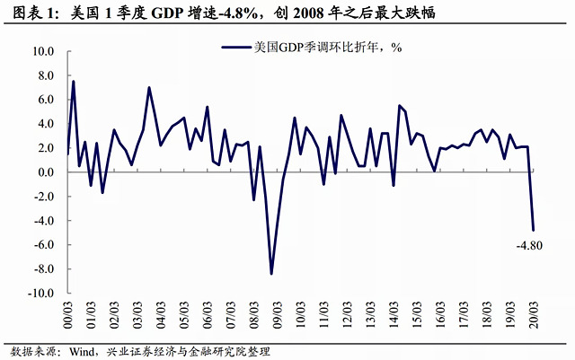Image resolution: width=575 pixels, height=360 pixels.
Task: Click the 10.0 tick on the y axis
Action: [44, 51]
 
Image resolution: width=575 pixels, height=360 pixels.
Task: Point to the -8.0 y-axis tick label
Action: [44, 268]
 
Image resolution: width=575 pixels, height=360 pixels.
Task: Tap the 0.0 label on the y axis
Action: [47, 171]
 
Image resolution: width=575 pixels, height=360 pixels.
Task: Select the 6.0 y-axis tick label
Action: [47, 100]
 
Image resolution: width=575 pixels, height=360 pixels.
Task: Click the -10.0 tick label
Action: [41, 293]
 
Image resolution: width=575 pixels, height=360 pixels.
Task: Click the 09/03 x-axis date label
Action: [279, 314]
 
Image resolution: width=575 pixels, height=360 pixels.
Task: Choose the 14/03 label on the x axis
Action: [394, 314]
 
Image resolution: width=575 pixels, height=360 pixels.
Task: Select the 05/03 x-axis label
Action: [186, 314]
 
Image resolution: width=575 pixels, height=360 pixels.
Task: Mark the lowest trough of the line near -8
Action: [271, 273]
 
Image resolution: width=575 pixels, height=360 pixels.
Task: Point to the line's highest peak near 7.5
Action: [73, 82]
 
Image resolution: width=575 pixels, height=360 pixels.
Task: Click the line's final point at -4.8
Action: [534, 230]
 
